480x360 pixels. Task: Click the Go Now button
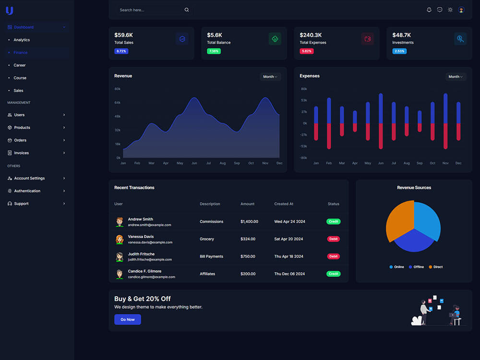[127, 319]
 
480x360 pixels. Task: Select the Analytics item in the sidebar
[22, 40]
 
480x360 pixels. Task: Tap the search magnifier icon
[186, 10]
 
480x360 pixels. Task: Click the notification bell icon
[429, 10]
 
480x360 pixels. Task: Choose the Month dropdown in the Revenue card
[270, 76]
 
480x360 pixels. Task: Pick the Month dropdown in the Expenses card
[456, 76]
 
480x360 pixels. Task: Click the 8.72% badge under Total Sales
[121, 51]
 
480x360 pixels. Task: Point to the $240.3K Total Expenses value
[311, 35]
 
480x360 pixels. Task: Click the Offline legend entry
[416, 267]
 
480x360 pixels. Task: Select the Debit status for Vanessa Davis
[334, 239]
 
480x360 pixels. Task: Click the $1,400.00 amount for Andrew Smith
[249, 221]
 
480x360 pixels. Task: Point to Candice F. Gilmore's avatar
[120, 274]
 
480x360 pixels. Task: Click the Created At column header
[284, 204]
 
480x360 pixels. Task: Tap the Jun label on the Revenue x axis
[194, 163]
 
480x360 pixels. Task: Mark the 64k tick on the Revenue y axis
[117, 103]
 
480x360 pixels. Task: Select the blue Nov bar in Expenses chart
[445, 108]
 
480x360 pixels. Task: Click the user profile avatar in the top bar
[461, 10]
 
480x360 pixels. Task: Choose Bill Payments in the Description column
[211, 256]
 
